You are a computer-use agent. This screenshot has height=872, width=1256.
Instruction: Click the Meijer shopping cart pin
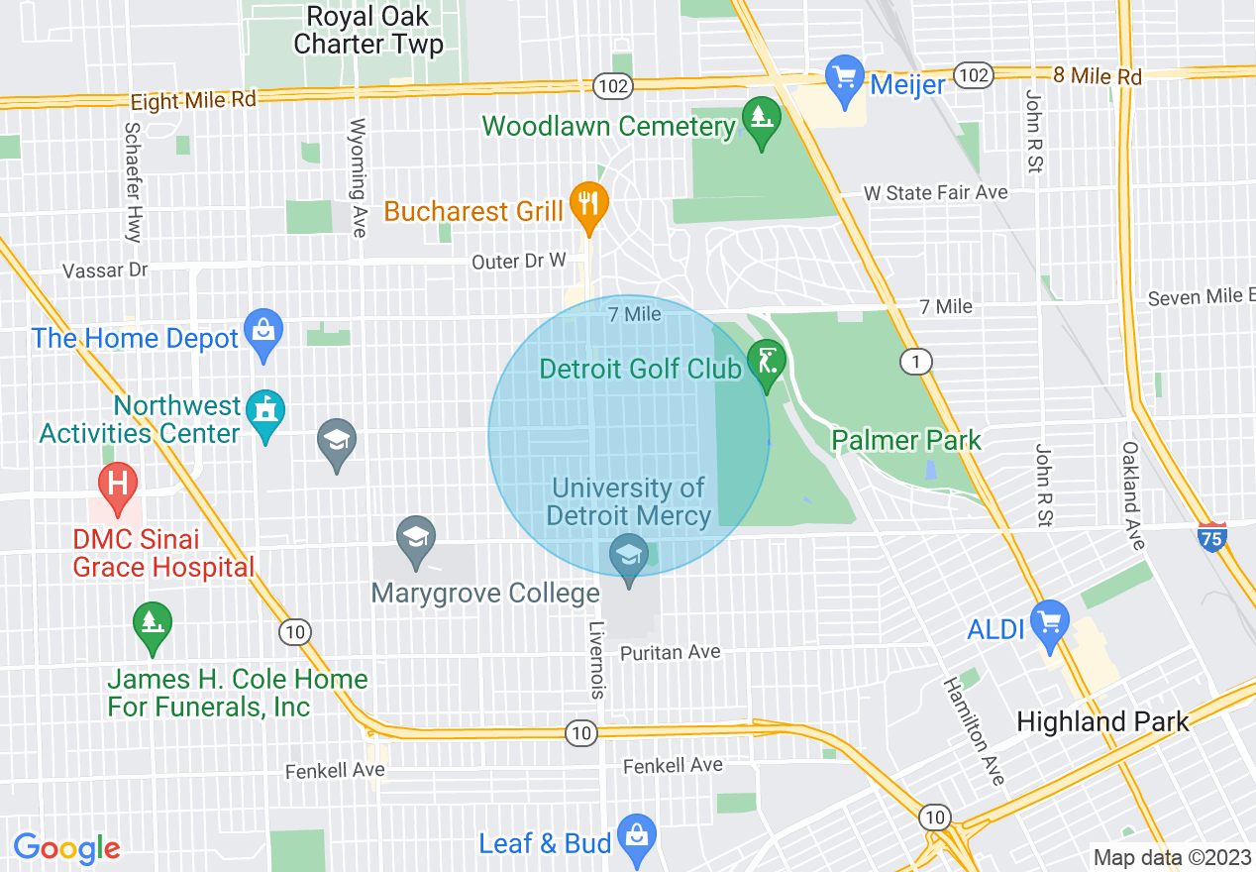845,77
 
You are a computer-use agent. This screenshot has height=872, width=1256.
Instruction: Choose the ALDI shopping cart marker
1050,623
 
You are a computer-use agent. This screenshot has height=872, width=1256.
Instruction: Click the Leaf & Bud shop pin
635,837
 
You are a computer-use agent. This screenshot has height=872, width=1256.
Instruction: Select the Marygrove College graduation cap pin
416,539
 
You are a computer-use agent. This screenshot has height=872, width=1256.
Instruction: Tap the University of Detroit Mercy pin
628,557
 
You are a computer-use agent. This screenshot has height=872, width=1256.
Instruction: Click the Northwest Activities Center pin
264,414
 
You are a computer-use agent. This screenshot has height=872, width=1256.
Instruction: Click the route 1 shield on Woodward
916,362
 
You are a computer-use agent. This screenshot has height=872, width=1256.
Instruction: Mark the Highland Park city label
1102,721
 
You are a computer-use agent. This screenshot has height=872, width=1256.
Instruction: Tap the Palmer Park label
906,440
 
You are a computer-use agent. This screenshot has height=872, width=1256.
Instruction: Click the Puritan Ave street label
670,652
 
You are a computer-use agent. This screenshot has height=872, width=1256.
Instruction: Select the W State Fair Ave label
935,193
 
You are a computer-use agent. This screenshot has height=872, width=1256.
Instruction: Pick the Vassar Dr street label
105,271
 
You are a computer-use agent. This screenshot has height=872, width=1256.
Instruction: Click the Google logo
66,848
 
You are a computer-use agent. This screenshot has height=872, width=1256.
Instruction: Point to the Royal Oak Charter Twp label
367,31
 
